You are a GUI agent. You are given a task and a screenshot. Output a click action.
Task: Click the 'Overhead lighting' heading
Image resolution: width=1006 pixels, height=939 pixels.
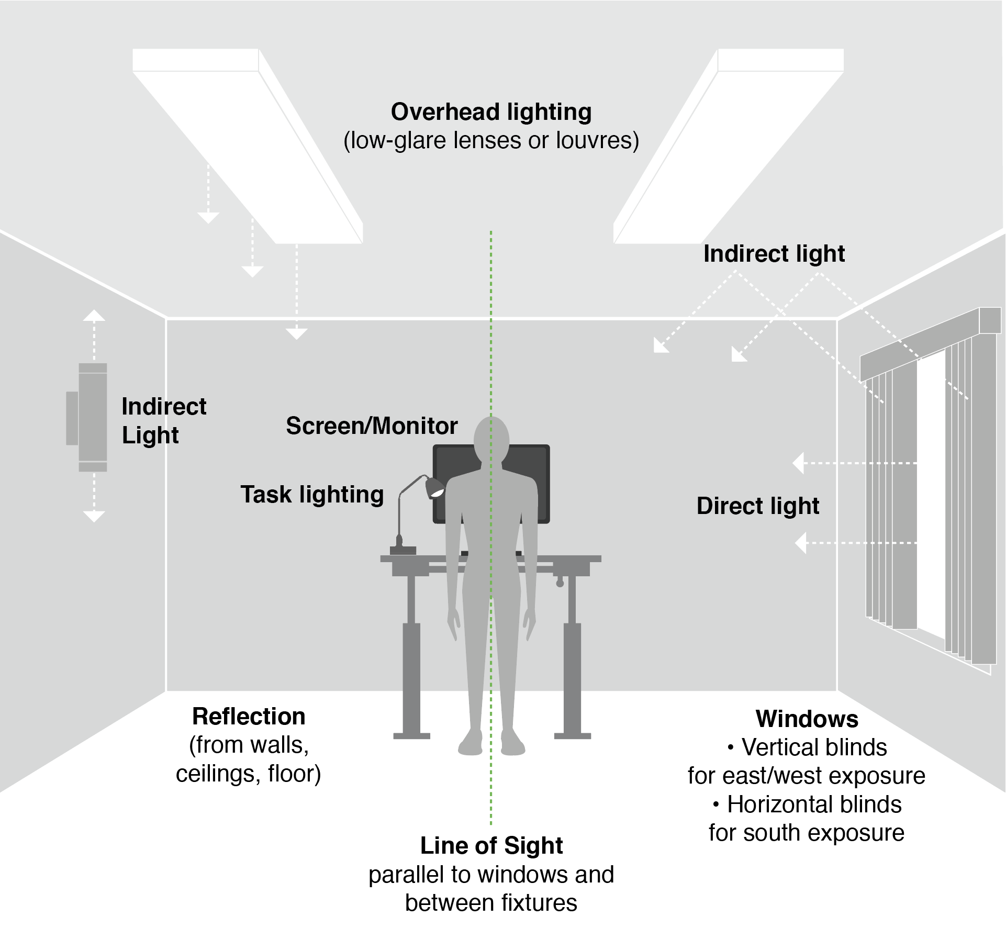click(491, 112)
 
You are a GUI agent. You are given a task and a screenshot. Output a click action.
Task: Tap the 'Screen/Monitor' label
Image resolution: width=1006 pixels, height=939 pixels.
click(372, 426)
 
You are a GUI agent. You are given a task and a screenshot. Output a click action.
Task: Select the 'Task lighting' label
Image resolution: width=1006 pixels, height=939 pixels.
click(312, 495)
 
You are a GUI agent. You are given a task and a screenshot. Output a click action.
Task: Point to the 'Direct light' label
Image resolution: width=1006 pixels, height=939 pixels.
click(757, 506)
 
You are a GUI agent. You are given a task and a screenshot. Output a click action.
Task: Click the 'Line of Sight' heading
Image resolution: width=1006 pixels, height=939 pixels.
click(491, 846)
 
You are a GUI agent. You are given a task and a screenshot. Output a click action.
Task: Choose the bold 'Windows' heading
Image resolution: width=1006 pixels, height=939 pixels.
click(807, 719)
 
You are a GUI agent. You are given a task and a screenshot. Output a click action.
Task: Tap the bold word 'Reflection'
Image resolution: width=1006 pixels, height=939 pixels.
click(249, 717)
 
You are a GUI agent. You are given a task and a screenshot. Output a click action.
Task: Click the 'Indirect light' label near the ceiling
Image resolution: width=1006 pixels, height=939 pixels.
click(774, 254)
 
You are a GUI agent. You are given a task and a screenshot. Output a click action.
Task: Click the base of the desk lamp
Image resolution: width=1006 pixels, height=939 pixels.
click(403, 550)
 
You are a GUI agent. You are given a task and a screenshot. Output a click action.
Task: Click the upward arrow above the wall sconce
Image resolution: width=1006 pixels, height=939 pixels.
click(94, 316)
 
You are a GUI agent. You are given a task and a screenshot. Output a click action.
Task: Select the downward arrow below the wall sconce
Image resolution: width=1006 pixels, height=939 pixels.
click(94, 516)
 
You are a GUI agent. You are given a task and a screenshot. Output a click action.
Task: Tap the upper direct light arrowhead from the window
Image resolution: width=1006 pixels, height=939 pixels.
click(799, 463)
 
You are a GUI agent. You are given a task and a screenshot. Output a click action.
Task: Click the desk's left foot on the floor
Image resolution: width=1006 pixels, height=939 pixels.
click(411, 735)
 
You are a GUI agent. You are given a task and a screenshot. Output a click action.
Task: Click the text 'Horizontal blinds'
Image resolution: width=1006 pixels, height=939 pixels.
click(814, 804)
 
